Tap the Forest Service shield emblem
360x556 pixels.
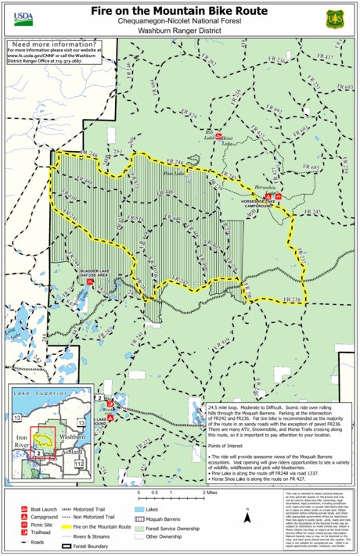coord(337,15)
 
